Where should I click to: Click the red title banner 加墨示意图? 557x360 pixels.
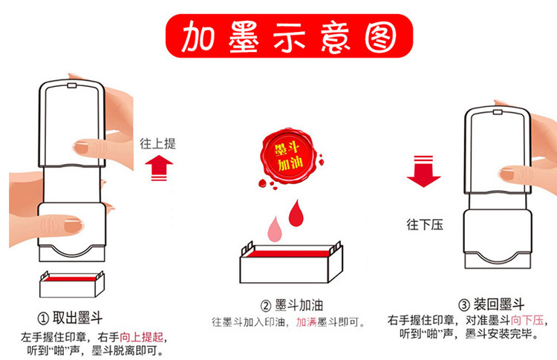[x=289, y=36]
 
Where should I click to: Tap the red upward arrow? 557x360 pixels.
[x=159, y=168]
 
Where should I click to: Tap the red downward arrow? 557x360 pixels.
[x=423, y=171]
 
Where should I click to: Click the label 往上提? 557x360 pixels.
[x=157, y=143]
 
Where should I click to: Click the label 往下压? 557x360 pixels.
[x=425, y=224]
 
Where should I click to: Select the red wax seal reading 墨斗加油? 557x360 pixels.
[x=288, y=155]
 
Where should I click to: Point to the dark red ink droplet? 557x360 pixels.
[x=296, y=213]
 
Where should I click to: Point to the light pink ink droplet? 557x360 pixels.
[x=275, y=229]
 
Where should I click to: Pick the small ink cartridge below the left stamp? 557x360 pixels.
[x=72, y=284]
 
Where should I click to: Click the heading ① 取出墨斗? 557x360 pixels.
[x=70, y=318]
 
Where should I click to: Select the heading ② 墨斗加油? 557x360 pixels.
[x=292, y=305]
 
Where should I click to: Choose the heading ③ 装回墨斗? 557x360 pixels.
[x=492, y=304]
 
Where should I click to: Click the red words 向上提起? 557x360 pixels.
[x=141, y=336]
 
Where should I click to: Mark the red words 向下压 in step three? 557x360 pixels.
[x=527, y=320]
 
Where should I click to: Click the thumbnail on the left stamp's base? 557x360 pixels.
[x=74, y=226]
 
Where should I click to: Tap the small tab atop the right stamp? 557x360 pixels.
[x=498, y=112]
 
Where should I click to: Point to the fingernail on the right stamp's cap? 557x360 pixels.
[x=506, y=174]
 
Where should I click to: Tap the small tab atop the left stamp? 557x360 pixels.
[x=72, y=85]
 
